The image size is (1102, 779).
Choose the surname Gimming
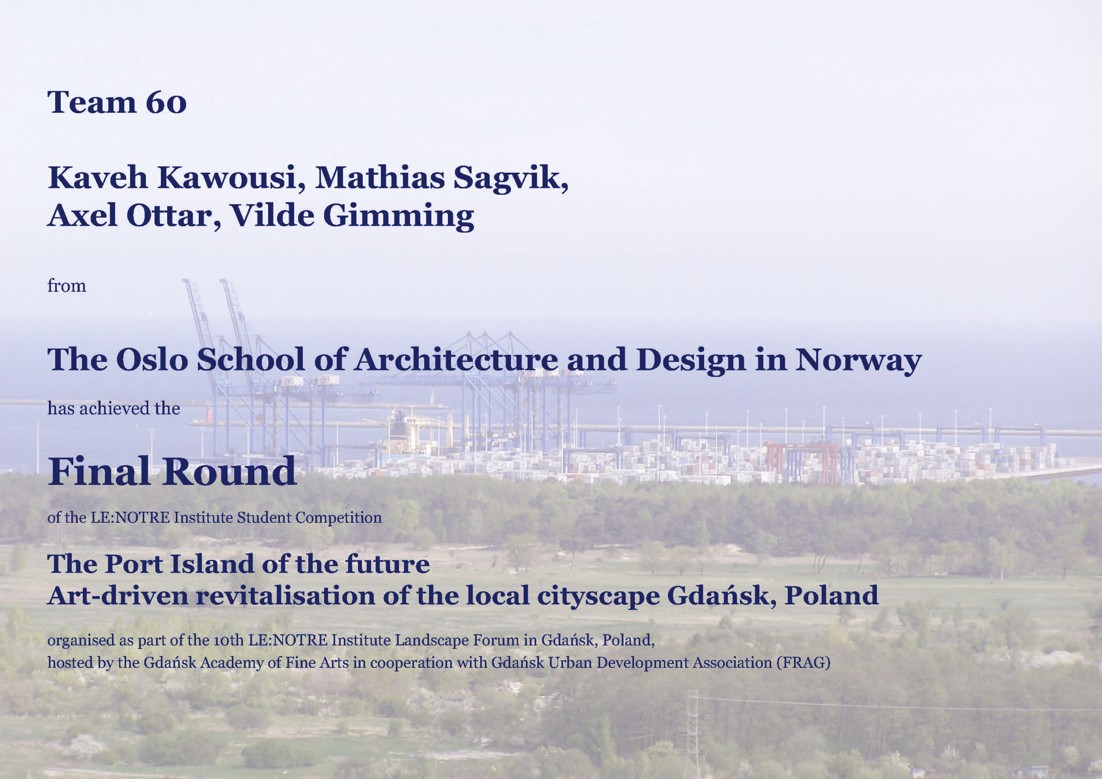click(x=398, y=216)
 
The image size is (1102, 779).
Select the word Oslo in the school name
click(x=152, y=360)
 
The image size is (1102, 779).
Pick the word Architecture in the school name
click(x=456, y=360)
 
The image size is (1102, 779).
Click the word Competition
click(x=338, y=518)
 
